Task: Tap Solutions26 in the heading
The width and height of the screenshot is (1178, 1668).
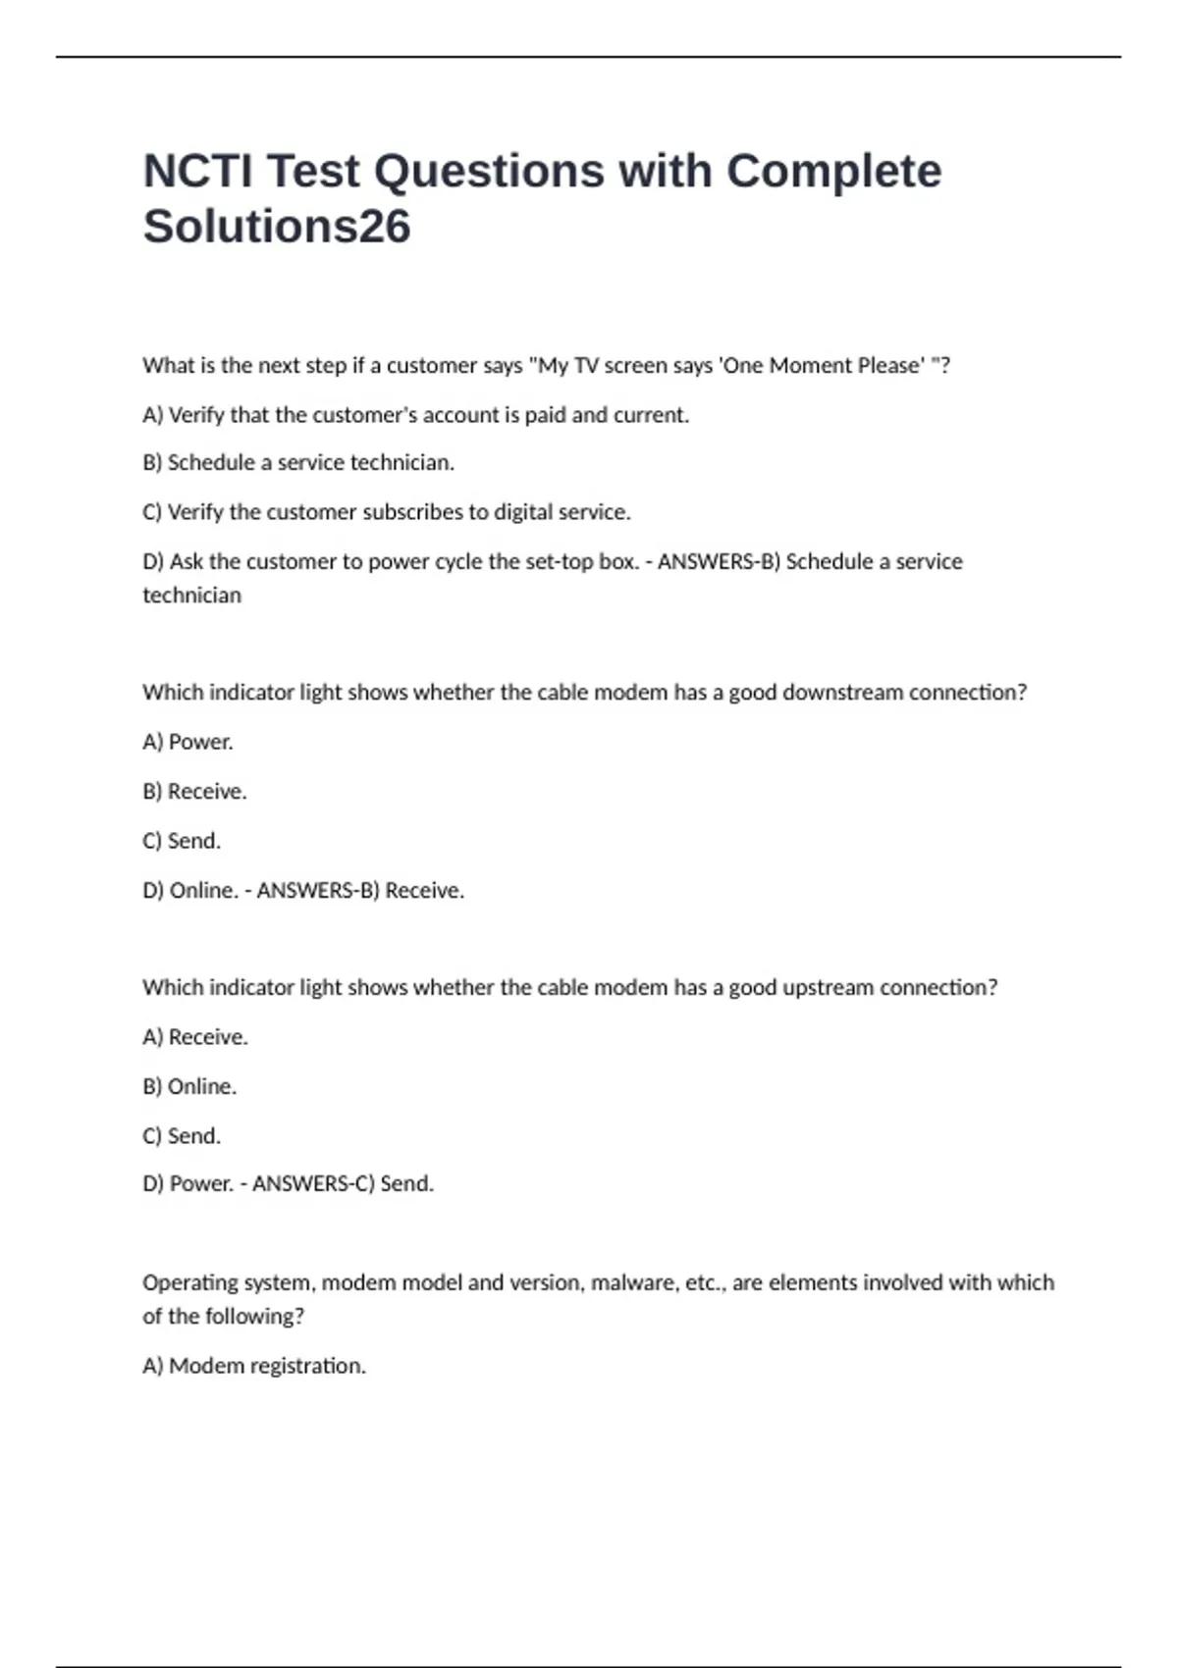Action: (x=277, y=227)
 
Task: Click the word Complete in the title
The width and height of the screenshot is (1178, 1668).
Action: (x=833, y=171)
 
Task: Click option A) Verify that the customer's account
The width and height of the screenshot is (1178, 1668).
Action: (x=415, y=415)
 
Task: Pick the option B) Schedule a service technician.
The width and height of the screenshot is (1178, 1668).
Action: (x=298, y=463)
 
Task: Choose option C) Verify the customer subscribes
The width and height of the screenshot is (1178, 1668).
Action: (x=387, y=512)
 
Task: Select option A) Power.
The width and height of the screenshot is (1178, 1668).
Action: (x=187, y=742)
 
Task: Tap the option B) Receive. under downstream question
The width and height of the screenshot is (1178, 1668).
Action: (x=194, y=792)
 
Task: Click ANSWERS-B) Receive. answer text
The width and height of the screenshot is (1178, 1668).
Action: (x=360, y=891)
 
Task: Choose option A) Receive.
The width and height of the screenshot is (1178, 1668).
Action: (x=195, y=1037)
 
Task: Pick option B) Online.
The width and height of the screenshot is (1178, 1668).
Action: (x=189, y=1087)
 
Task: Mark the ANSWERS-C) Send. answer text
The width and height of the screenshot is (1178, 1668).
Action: (x=343, y=1184)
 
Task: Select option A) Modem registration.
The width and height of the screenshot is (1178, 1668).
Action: (x=254, y=1366)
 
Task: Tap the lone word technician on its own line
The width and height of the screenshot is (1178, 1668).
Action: (x=191, y=596)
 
